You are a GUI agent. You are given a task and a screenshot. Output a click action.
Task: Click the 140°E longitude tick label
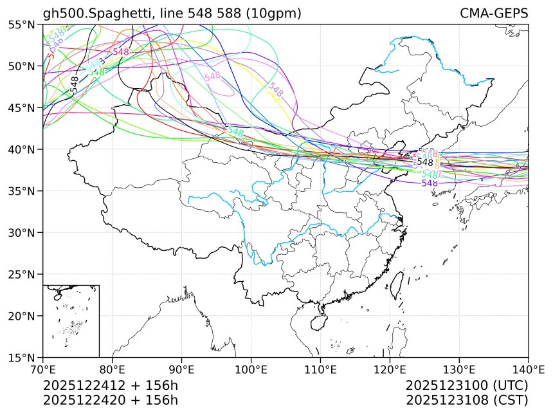pos(528,369)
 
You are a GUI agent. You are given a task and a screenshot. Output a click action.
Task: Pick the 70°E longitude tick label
pos(43,369)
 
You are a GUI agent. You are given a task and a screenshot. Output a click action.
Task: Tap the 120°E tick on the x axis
pos(390,369)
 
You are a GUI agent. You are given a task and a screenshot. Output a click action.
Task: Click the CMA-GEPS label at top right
pos(494,14)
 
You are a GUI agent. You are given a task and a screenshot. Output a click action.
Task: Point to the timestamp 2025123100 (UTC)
pos(467,386)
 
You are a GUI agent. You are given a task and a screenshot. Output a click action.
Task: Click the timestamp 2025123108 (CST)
pos(467,400)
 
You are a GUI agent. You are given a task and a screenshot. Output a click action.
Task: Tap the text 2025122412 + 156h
pos(110,386)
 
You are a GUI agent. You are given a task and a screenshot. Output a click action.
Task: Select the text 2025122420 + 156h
pos(110,400)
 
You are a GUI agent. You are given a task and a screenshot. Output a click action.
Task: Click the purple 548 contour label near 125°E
pos(430,183)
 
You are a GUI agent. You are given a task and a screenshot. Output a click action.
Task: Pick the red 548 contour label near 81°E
pos(121,52)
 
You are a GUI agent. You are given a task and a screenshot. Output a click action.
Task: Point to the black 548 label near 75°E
pos(75,84)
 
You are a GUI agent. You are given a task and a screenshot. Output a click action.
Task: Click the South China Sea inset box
pos(71,320)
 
